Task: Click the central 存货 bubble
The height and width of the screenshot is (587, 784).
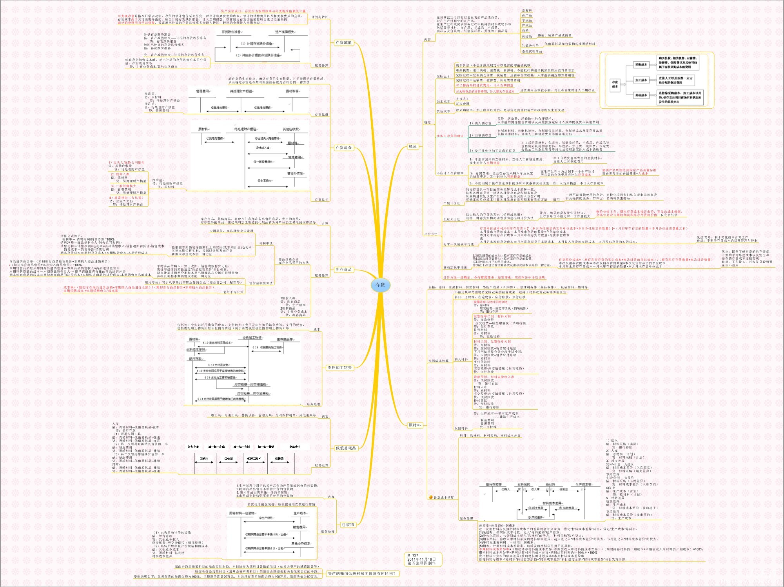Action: pyautogui.click(x=380, y=285)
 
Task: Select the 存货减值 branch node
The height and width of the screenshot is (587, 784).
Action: pyautogui.click(x=343, y=43)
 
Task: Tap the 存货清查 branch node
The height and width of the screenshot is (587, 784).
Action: pyautogui.click(x=343, y=148)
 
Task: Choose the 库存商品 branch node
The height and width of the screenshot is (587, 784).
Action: pyautogui.click(x=343, y=270)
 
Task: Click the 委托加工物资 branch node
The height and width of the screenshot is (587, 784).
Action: pyautogui.click(x=339, y=368)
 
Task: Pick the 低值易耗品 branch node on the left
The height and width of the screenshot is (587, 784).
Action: pyautogui.click(x=346, y=448)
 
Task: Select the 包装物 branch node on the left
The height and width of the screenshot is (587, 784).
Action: pyautogui.click(x=348, y=525)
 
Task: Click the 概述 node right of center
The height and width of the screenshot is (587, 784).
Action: pyautogui.click(x=413, y=146)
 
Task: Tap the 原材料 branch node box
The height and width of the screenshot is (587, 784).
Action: pyautogui.click(x=414, y=425)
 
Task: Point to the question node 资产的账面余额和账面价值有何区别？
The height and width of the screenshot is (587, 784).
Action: pyautogui.click(x=362, y=574)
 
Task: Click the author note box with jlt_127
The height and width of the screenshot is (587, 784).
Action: pyautogui.click(x=423, y=559)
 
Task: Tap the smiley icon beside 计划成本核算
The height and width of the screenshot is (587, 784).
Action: pyautogui.click(x=430, y=497)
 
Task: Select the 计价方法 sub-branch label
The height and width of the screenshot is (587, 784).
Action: pyautogui.click(x=430, y=234)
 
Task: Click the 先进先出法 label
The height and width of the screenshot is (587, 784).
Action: pyautogui.click(x=452, y=219)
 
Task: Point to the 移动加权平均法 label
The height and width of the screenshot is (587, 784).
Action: pyautogui.click(x=455, y=267)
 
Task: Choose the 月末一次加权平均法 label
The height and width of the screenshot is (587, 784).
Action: pyautogui.click(x=458, y=244)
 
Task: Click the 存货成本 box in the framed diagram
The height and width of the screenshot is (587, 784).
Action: pyautogui.click(x=615, y=84)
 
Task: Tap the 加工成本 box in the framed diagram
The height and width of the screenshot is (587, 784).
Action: pyautogui.click(x=641, y=80)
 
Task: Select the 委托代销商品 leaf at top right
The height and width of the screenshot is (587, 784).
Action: pyautogui.click(x=532, y=51)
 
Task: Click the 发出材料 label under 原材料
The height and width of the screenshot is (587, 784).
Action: pyautogui.click(x=461, y=428)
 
